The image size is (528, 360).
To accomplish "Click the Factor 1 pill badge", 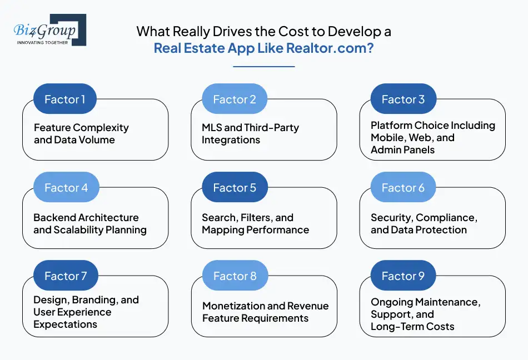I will tap(65, 99).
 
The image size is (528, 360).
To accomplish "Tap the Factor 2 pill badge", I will tap(234, 99).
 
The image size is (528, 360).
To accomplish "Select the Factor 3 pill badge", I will tap(403, 99).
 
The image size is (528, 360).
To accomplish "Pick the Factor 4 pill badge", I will tap(65, 188).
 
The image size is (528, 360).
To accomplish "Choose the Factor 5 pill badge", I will tap(234, 188).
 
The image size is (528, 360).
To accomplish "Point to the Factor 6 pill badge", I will tap(403, 188).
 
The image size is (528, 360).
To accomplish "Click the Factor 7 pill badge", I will tap(65, 276).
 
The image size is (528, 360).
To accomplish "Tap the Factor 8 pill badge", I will tap(234, 276).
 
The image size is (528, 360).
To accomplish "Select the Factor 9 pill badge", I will tap(403, 276).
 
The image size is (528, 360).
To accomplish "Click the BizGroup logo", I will tap(49, 29).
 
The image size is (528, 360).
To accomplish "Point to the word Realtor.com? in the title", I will tap(330, 48).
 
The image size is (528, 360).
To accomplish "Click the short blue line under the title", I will tap(263, 67).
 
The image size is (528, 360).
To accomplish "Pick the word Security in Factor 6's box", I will tap(391, 217).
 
